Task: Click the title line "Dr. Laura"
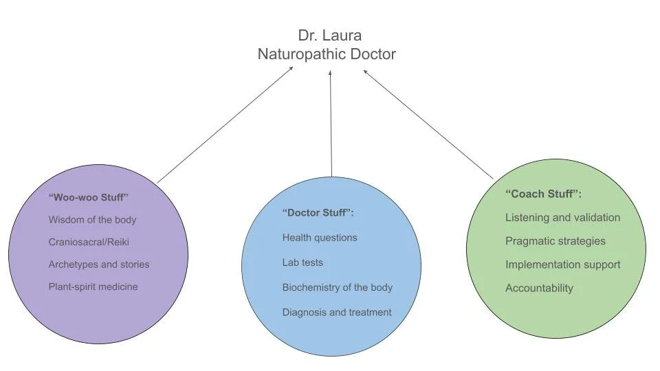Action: click(x=329, y=35)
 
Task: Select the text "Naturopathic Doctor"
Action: click(x=327, y=54)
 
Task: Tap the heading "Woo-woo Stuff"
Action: click(x=89, y=197)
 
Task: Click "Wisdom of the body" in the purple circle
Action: click(x=92, y=220)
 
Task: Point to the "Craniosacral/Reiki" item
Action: click(x=89, y=242)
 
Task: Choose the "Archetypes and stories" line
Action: click(x=98, y=265)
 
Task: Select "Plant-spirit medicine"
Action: click(x=93, y=286)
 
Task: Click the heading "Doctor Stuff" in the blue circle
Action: click(x=318, y=213)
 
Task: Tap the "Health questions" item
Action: click(x=320, y=238)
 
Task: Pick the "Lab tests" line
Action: click(x=302, y=262)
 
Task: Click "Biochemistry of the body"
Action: click(x=337, y=287)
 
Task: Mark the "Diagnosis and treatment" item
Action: click(x=337, y=312)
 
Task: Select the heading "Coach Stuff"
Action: click(x=543, y=194)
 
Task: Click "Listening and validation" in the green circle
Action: click(x=562, y=218)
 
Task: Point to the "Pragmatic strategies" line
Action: click(x=555, y=241)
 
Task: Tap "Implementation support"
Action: click(x=562, y=265)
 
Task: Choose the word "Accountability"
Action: click(x=539, y=288)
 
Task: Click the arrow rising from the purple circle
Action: click(x=225, y=124)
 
